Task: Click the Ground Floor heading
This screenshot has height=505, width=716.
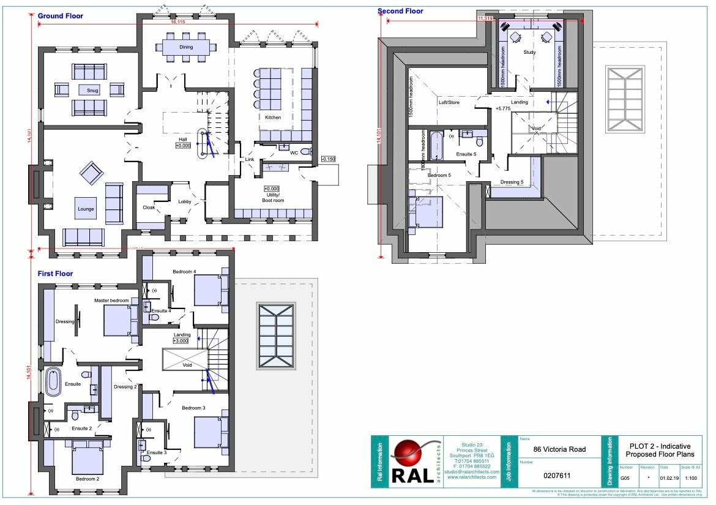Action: [61, 16]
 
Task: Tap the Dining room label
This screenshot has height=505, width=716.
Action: [186, 47]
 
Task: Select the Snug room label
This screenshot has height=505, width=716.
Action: [92, 91]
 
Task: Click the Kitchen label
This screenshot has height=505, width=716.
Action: [273, 117]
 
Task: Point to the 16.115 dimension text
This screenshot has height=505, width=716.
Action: [177, 22]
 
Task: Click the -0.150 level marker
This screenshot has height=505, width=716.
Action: [328, 159]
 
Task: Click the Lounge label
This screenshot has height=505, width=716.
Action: [86, 209]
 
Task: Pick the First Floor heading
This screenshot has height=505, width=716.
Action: [55, 274]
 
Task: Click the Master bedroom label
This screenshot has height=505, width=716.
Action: [111, 301]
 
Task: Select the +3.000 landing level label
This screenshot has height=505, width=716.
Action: [182, 342]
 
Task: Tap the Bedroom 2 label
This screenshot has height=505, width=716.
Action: [88, 479]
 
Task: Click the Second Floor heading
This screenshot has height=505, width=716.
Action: [400, 11]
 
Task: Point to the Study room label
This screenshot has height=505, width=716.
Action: [529, 53]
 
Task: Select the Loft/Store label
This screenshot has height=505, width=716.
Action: [449, 103]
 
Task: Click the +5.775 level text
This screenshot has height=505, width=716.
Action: [502, 108]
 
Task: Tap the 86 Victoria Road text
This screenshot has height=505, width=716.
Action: [559, 449]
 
